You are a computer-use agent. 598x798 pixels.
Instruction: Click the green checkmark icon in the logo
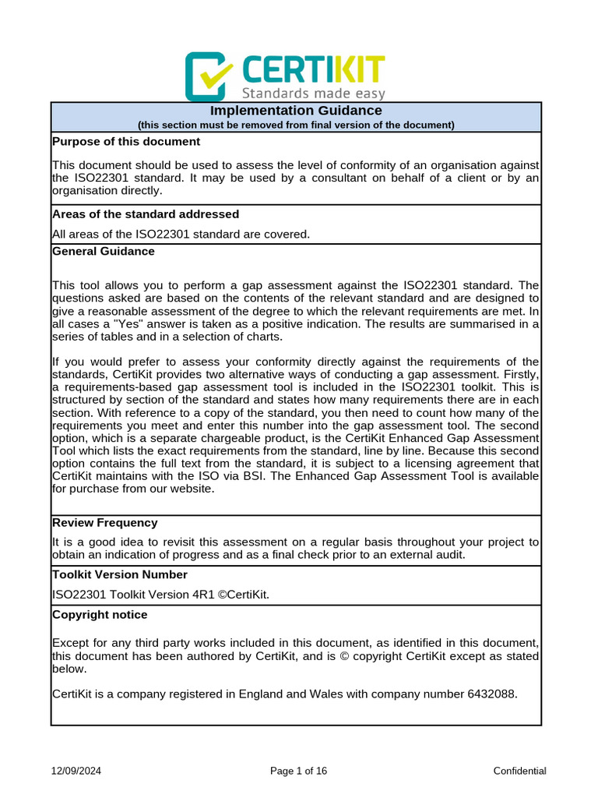click(209, 76)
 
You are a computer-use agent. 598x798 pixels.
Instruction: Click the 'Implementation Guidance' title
click(296, 111)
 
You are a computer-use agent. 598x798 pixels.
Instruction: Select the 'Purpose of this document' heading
click(125, 141)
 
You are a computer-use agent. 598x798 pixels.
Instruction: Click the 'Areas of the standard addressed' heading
click(145, 214)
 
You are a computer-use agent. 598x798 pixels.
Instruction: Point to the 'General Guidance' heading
click(103, 251)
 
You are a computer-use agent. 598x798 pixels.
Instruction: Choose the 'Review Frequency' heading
click(104, 522)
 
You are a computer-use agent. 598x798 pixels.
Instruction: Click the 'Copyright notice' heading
click(99, 614)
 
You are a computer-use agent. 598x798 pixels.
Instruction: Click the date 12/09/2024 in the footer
click(76, 771)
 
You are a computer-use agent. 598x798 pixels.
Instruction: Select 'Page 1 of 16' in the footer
click(298, 771)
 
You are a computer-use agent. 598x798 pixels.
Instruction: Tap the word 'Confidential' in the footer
click(519, 771)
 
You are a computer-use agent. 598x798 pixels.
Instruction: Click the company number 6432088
click(491, 694)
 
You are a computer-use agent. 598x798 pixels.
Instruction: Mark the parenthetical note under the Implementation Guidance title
click(296, 125)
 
